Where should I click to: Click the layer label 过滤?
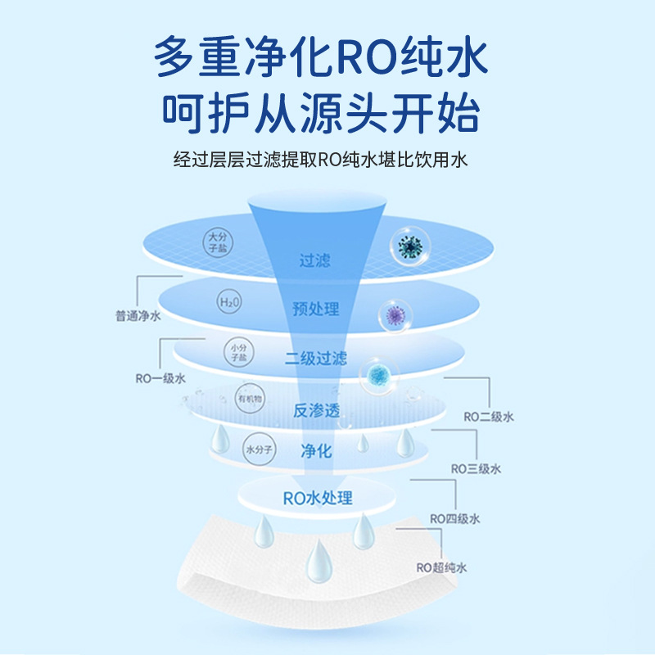314,261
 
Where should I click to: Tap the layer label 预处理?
315,309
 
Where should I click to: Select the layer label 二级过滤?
315,358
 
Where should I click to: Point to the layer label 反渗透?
316,410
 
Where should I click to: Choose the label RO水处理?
318,497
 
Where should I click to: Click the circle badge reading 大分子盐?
215,241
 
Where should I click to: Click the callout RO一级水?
160,378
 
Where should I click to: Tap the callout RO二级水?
489,417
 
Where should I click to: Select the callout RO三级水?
476,468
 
